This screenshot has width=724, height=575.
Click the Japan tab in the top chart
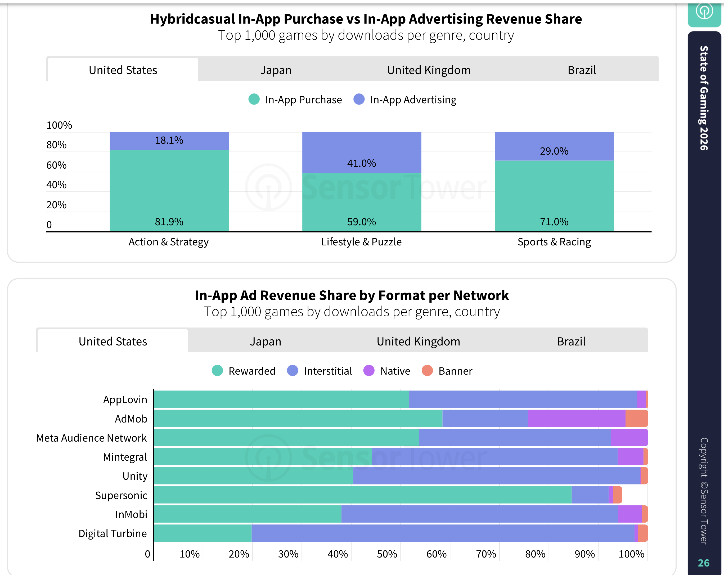(x=276, y=70)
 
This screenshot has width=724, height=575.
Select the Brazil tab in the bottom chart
(x=571, y=341)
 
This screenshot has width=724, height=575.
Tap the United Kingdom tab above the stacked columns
(x=429, y=70)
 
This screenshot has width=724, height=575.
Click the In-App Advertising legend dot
(x=359, y=100)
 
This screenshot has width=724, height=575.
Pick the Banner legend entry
(x=447, y=371)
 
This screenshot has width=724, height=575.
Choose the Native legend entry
(x=387, y=371)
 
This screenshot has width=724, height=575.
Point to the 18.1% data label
(x=169, y=140)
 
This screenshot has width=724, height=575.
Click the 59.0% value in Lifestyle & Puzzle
(x=362, y=222)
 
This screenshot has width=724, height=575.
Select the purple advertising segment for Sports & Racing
(x=554, y=146)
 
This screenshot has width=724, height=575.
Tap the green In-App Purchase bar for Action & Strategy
(x=169, y=190)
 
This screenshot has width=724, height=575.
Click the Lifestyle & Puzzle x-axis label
(x=361, y=242)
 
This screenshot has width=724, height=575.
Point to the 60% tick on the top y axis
(x=56, y=165)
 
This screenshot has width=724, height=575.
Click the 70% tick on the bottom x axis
(x=485, y=554)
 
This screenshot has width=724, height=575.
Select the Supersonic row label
(x=121, y=495)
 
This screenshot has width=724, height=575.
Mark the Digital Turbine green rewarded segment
(x=203, y=533)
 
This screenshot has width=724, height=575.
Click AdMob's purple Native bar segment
(x=576, y=418)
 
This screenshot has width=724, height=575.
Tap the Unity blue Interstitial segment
(x=497, y=475)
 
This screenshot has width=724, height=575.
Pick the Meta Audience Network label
(x=91, y=438)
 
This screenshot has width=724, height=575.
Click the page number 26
(x=704, y=563)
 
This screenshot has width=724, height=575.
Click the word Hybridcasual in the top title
(x=192, y=19)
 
